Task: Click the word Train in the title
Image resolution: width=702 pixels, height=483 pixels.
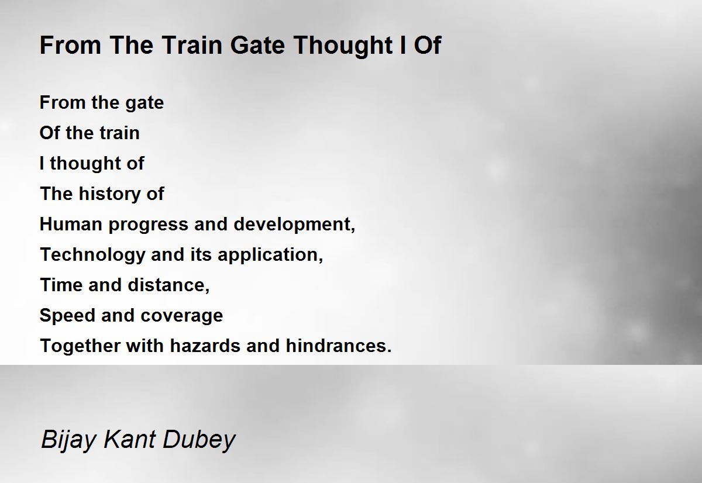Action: coord(192,45)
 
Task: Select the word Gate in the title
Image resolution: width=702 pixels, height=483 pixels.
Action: coord(257,45)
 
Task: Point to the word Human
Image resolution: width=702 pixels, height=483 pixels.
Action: coord(71,225)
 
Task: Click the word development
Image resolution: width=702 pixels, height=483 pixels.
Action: coord(292,225)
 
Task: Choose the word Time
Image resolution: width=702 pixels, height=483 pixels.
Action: coord(61,285)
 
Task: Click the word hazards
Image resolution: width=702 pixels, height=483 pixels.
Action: coord(205,346)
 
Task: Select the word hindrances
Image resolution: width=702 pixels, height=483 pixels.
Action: coord(336,346)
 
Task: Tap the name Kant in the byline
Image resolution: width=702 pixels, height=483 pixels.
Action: coord(129,439)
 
